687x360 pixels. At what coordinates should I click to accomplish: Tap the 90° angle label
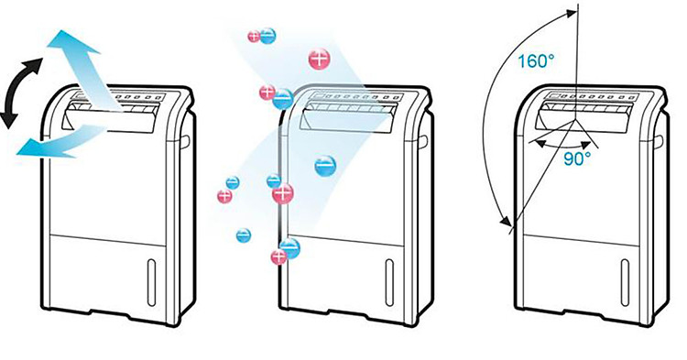577,159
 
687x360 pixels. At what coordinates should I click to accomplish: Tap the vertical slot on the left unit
151,282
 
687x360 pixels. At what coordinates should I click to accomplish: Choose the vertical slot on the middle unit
389,282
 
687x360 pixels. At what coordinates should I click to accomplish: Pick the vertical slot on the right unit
625,282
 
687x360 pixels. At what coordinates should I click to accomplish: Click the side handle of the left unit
186,140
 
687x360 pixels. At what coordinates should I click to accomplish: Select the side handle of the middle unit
423,141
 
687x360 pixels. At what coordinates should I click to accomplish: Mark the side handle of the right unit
660,141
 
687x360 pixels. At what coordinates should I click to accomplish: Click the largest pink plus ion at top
320,59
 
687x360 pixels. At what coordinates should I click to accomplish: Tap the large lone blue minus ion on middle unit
325,166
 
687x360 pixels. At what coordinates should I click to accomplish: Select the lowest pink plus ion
278,256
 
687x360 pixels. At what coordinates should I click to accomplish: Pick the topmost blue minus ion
267,36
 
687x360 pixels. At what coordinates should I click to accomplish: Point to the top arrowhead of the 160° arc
570,13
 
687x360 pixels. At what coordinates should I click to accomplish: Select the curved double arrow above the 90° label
561,144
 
